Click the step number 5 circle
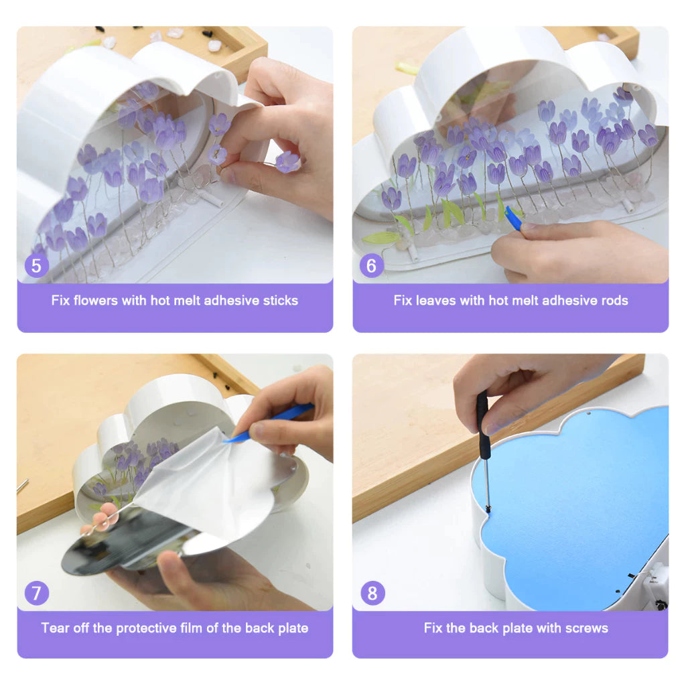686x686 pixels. pyautogui.click(x=36, y=265)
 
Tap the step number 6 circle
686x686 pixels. pyautogui.click(x=371, y=265)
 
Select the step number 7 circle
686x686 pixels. pyautogui.click(x=36, y=593)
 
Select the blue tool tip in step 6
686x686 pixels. pyautogui.click(x=513, y=218)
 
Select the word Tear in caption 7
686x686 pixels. pyautogui.click(x=55, y=628)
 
